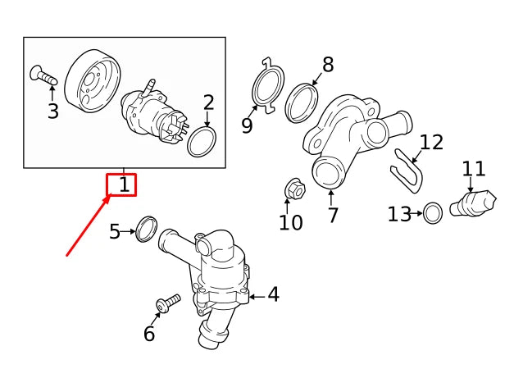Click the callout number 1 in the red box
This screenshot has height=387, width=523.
[x=124, y=184]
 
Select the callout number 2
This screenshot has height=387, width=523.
[x=208, y=102]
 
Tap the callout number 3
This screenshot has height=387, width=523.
[x=52, y=112]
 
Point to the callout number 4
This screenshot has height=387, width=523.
[x=273, y=294]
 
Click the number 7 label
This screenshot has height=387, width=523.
[x=333, y=216]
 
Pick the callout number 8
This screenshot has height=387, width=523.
[x=328, y=65]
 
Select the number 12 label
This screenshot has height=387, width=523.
[x=431, y=143]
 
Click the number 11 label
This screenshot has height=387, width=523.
[x=473, y=169]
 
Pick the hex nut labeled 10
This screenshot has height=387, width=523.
[x=296, y=190]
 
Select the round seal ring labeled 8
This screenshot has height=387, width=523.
[x=301, y=102]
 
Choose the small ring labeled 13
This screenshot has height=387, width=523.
[x=434, y=214]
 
